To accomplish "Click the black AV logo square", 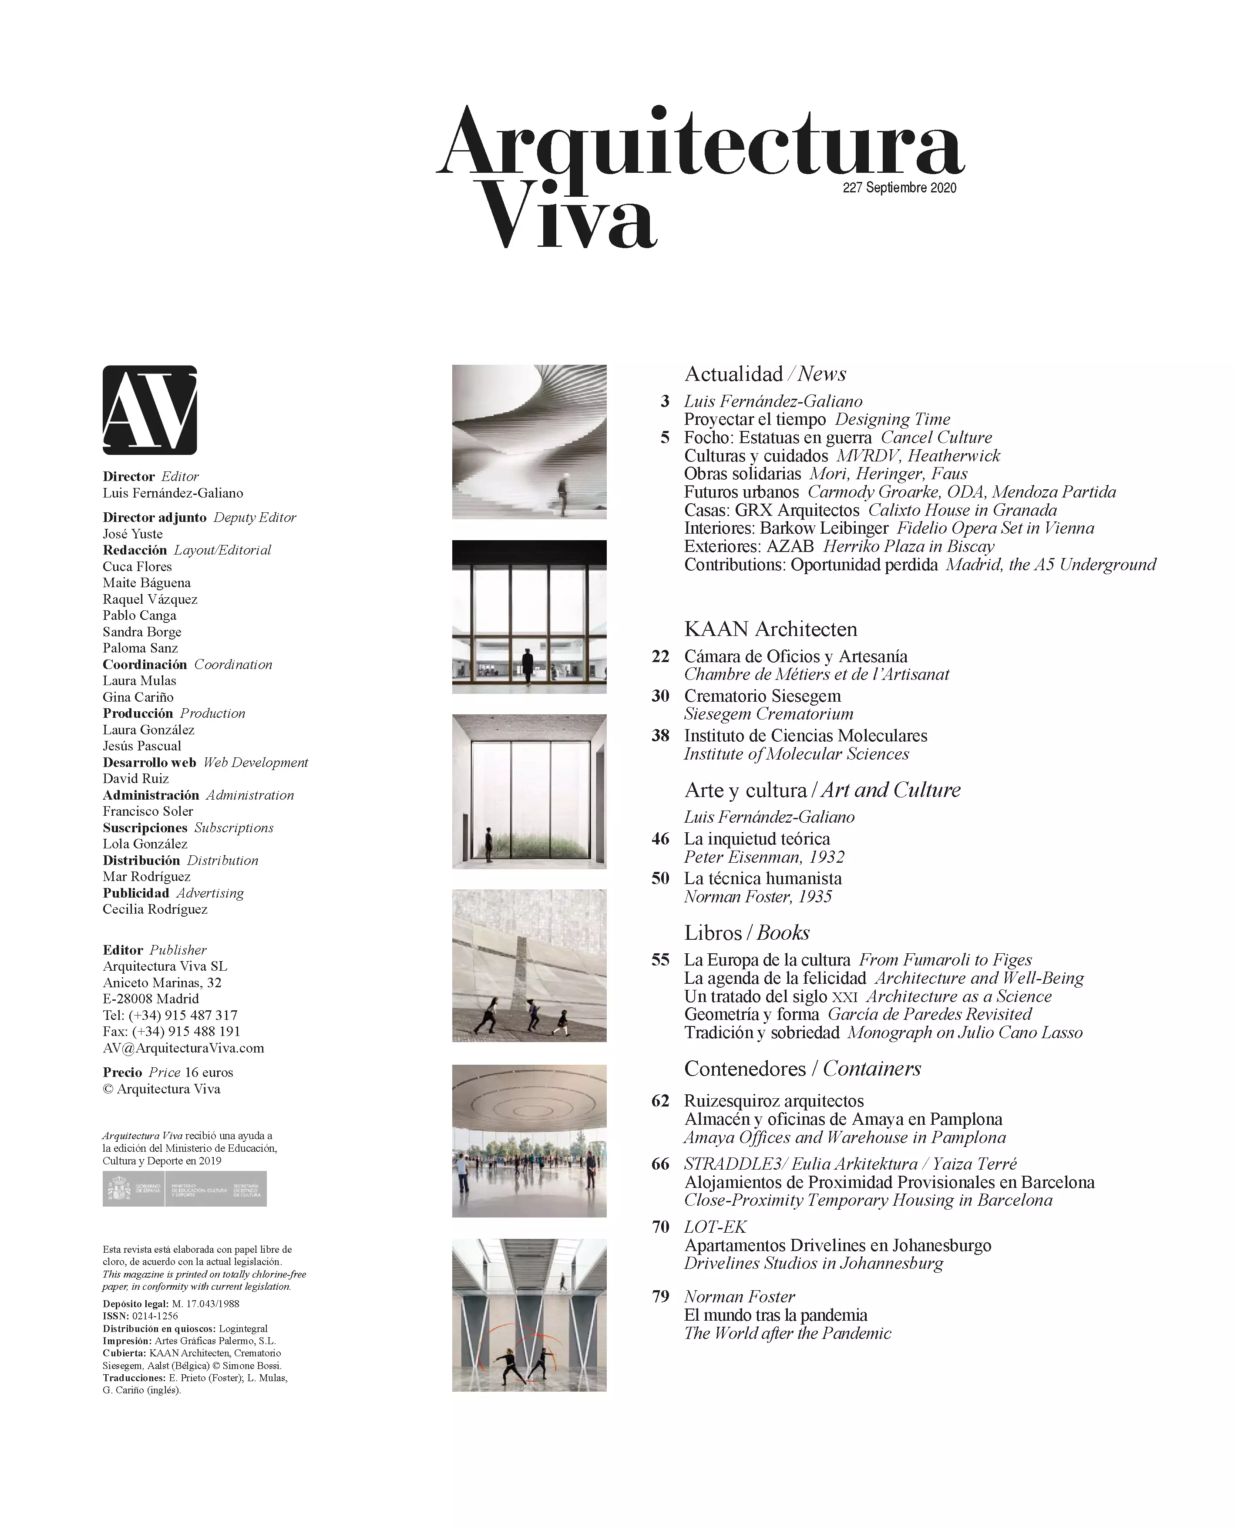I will point(149,410).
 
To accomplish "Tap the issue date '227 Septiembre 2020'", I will point(899,188).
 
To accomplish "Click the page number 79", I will point(660,1296).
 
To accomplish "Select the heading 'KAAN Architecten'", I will point(770,629).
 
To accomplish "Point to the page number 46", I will point(660,839).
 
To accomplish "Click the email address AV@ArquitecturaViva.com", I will point(183,1048).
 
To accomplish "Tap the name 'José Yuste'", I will point(133,534).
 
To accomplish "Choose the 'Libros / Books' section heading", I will point(746,933).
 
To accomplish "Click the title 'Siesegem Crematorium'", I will point(768,714).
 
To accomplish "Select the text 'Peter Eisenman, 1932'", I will point(764,858).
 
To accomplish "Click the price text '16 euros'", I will point(209,1073).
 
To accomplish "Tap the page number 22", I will point(660,656).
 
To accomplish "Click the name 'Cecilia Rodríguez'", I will point(155,909).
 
